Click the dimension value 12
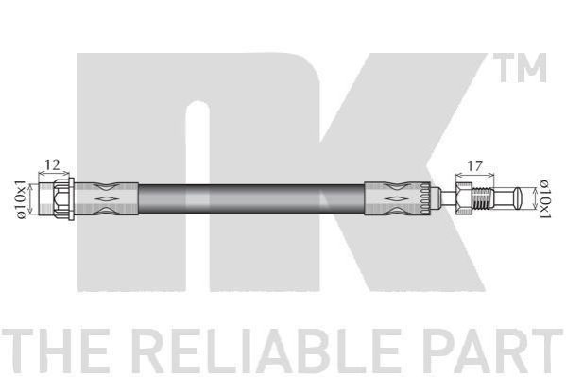pyautogui.click(x=52, y=164)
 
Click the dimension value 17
pyautogui.click(x=474, y=165)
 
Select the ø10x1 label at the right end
pyautogui.click(x=544, y=198)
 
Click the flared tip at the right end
pyautogui.click(x=518, y=197)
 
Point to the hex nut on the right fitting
pyautogui.click(x=464, y=199)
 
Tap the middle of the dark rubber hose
pyautogui.click(x=251, y=199)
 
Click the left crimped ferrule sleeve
pyautogui.click(x=106, y=199)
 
